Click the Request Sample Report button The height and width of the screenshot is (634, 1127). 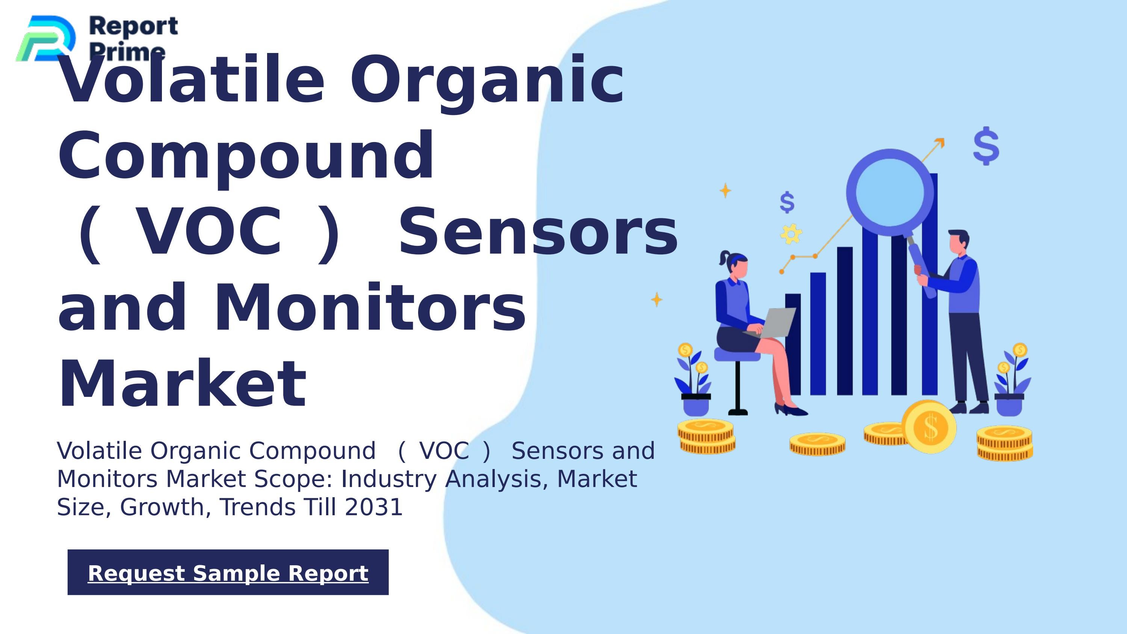pyautogui.click(x=228, y=572)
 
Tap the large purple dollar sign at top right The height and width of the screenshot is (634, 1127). pyautogui.click(x=986, y=146)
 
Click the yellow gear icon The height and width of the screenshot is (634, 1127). pyautogui.click(x=791, y=234)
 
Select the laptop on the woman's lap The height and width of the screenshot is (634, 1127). pyautogui.click(x=776, y=321)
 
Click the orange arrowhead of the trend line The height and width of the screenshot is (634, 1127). pyautogui.click(x=939, y=143)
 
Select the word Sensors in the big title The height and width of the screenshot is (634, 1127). pyautogui.click(x=538, y=232)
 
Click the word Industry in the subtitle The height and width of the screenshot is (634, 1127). pyautogui.click(x=388, y=479)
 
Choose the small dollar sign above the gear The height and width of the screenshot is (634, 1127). pyautogui.click(x=787, y=202)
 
